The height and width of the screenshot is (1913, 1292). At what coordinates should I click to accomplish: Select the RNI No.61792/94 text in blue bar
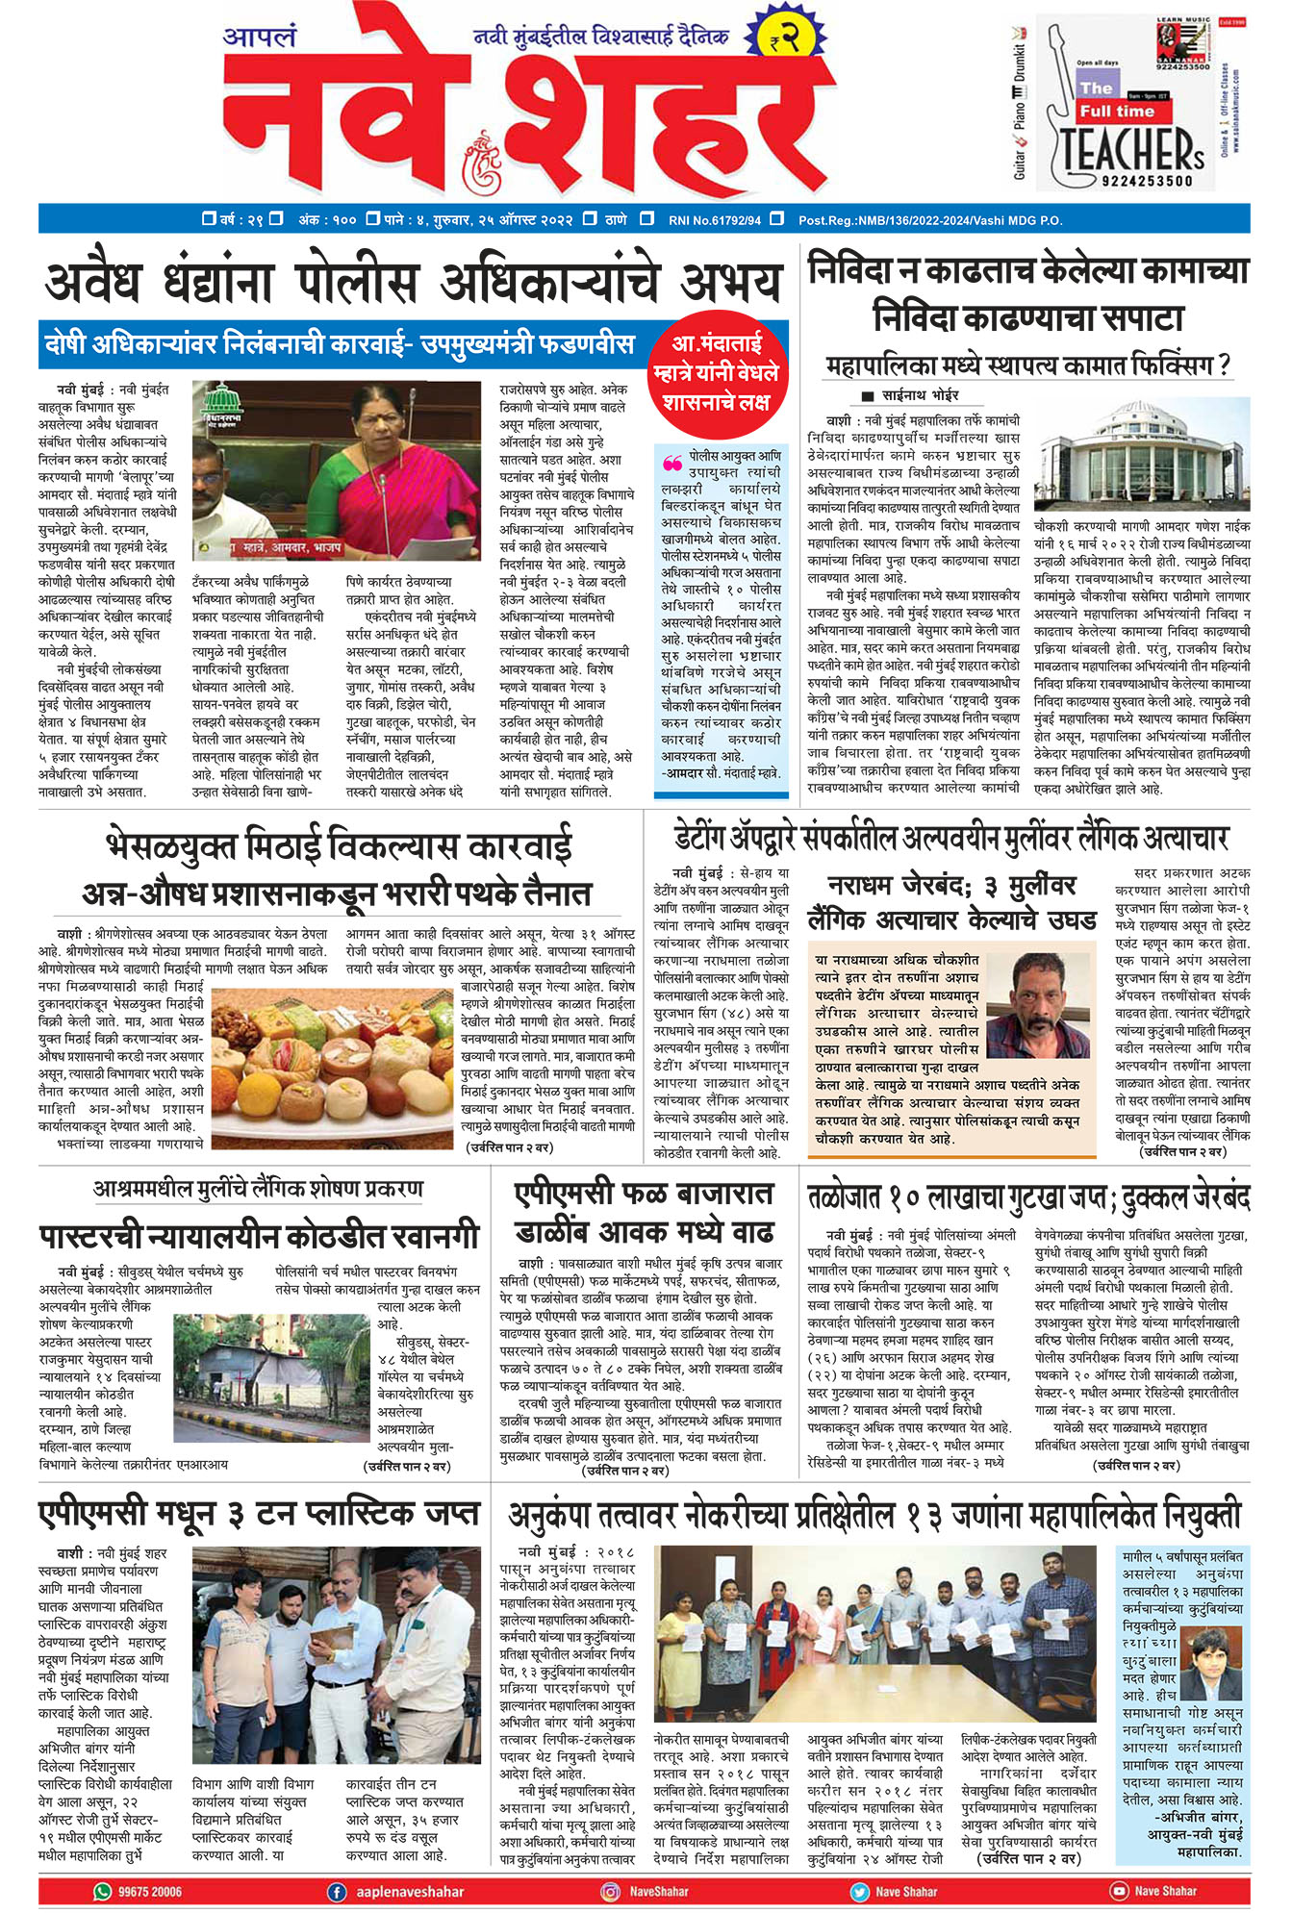coord(714,220)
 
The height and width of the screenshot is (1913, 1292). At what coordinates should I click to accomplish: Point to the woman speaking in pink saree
coord(396,469)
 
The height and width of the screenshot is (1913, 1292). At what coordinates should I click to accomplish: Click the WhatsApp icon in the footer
coord(102,1891)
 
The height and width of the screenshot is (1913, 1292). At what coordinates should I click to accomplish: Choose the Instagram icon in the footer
coord(610,1891)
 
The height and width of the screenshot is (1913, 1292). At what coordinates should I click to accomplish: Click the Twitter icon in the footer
coord(859,1891)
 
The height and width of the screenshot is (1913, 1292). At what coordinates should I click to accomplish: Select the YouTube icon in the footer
coord(1119,1891)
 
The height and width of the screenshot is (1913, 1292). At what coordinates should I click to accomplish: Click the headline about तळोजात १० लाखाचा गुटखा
coord(1027,1198)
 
